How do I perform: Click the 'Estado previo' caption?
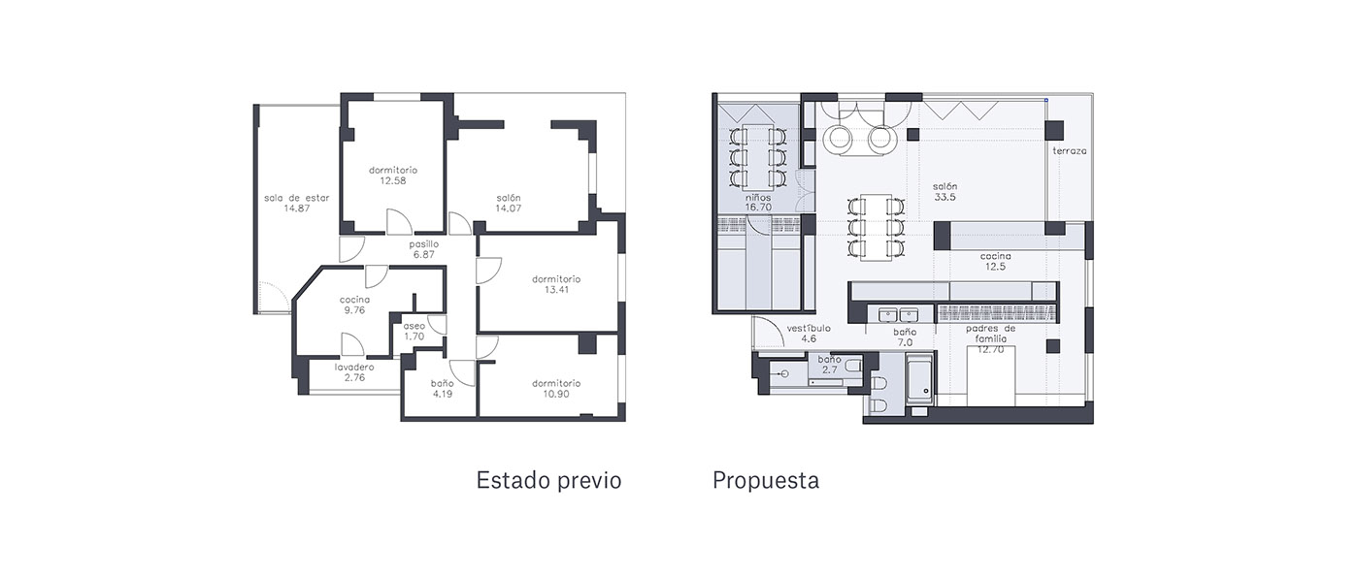click(548, 480)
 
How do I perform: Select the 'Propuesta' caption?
click(766, 480)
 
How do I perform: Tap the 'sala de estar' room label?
click(297, 198)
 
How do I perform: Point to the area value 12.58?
click(393, 180)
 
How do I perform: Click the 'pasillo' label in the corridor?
click(423, 244)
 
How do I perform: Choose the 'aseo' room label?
click(414, 326)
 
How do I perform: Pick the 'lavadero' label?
click(354, 367)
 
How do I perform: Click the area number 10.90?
click(556, 394)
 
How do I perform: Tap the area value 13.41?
click(556, 290)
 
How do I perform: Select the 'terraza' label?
click(1070, 151)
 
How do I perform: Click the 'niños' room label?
click(758, 198)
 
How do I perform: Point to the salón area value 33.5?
click(945, 198)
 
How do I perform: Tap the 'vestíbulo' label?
click(809, 329)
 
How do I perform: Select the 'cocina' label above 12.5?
click(996, 256)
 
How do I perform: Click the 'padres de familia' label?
click(991, 334)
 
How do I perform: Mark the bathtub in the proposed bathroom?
click(920, 380)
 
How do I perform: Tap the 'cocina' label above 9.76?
click(354, 300)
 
